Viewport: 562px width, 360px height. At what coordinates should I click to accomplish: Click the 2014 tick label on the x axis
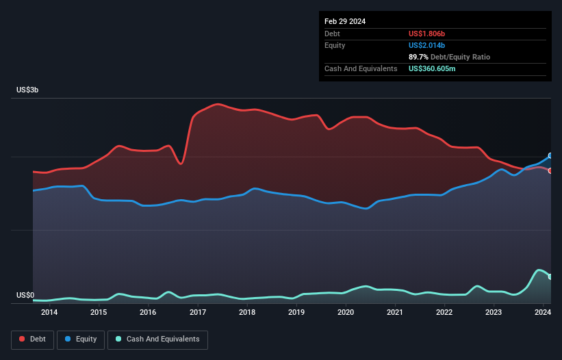tap(49, 313)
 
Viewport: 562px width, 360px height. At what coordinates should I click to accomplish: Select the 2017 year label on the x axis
tap(198, 313)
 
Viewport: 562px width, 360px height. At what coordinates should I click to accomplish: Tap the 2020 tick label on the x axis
tap(346, 313)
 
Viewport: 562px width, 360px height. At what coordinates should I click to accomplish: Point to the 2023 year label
tap(494, 313)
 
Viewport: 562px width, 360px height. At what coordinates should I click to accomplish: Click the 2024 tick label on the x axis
tap(543, 313)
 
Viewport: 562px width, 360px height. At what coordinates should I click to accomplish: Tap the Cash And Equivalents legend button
tap(157, 339)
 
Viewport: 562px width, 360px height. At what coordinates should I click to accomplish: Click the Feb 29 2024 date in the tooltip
tap(345, 21)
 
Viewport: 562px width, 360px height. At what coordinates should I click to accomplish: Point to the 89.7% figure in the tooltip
tap(419, 57)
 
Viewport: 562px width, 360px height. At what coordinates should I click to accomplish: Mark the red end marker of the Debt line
tap(550, 170)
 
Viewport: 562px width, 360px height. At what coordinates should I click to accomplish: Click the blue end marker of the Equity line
tap(550, 156)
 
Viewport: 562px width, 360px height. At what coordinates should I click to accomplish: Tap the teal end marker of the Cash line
tap(550, 277)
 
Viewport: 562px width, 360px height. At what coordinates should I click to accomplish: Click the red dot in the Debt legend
tap(23, 339)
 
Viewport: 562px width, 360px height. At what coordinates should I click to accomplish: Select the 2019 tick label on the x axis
tap(296, 313)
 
